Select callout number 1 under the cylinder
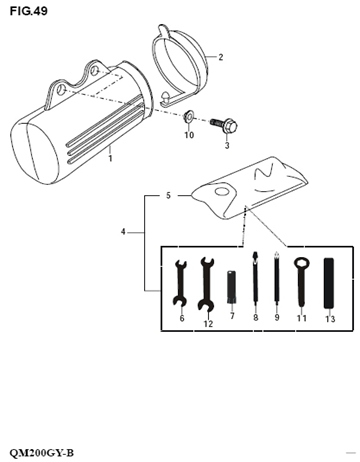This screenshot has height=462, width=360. (110, 158)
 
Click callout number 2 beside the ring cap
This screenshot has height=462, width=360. (220, 57)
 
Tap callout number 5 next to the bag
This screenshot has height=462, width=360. (169, 195)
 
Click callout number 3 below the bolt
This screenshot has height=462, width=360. (226, 145)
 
